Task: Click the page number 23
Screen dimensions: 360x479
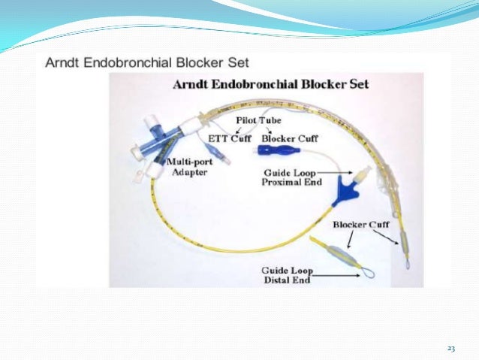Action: [450, 348]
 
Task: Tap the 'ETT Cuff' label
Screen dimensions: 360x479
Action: [229, 138]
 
